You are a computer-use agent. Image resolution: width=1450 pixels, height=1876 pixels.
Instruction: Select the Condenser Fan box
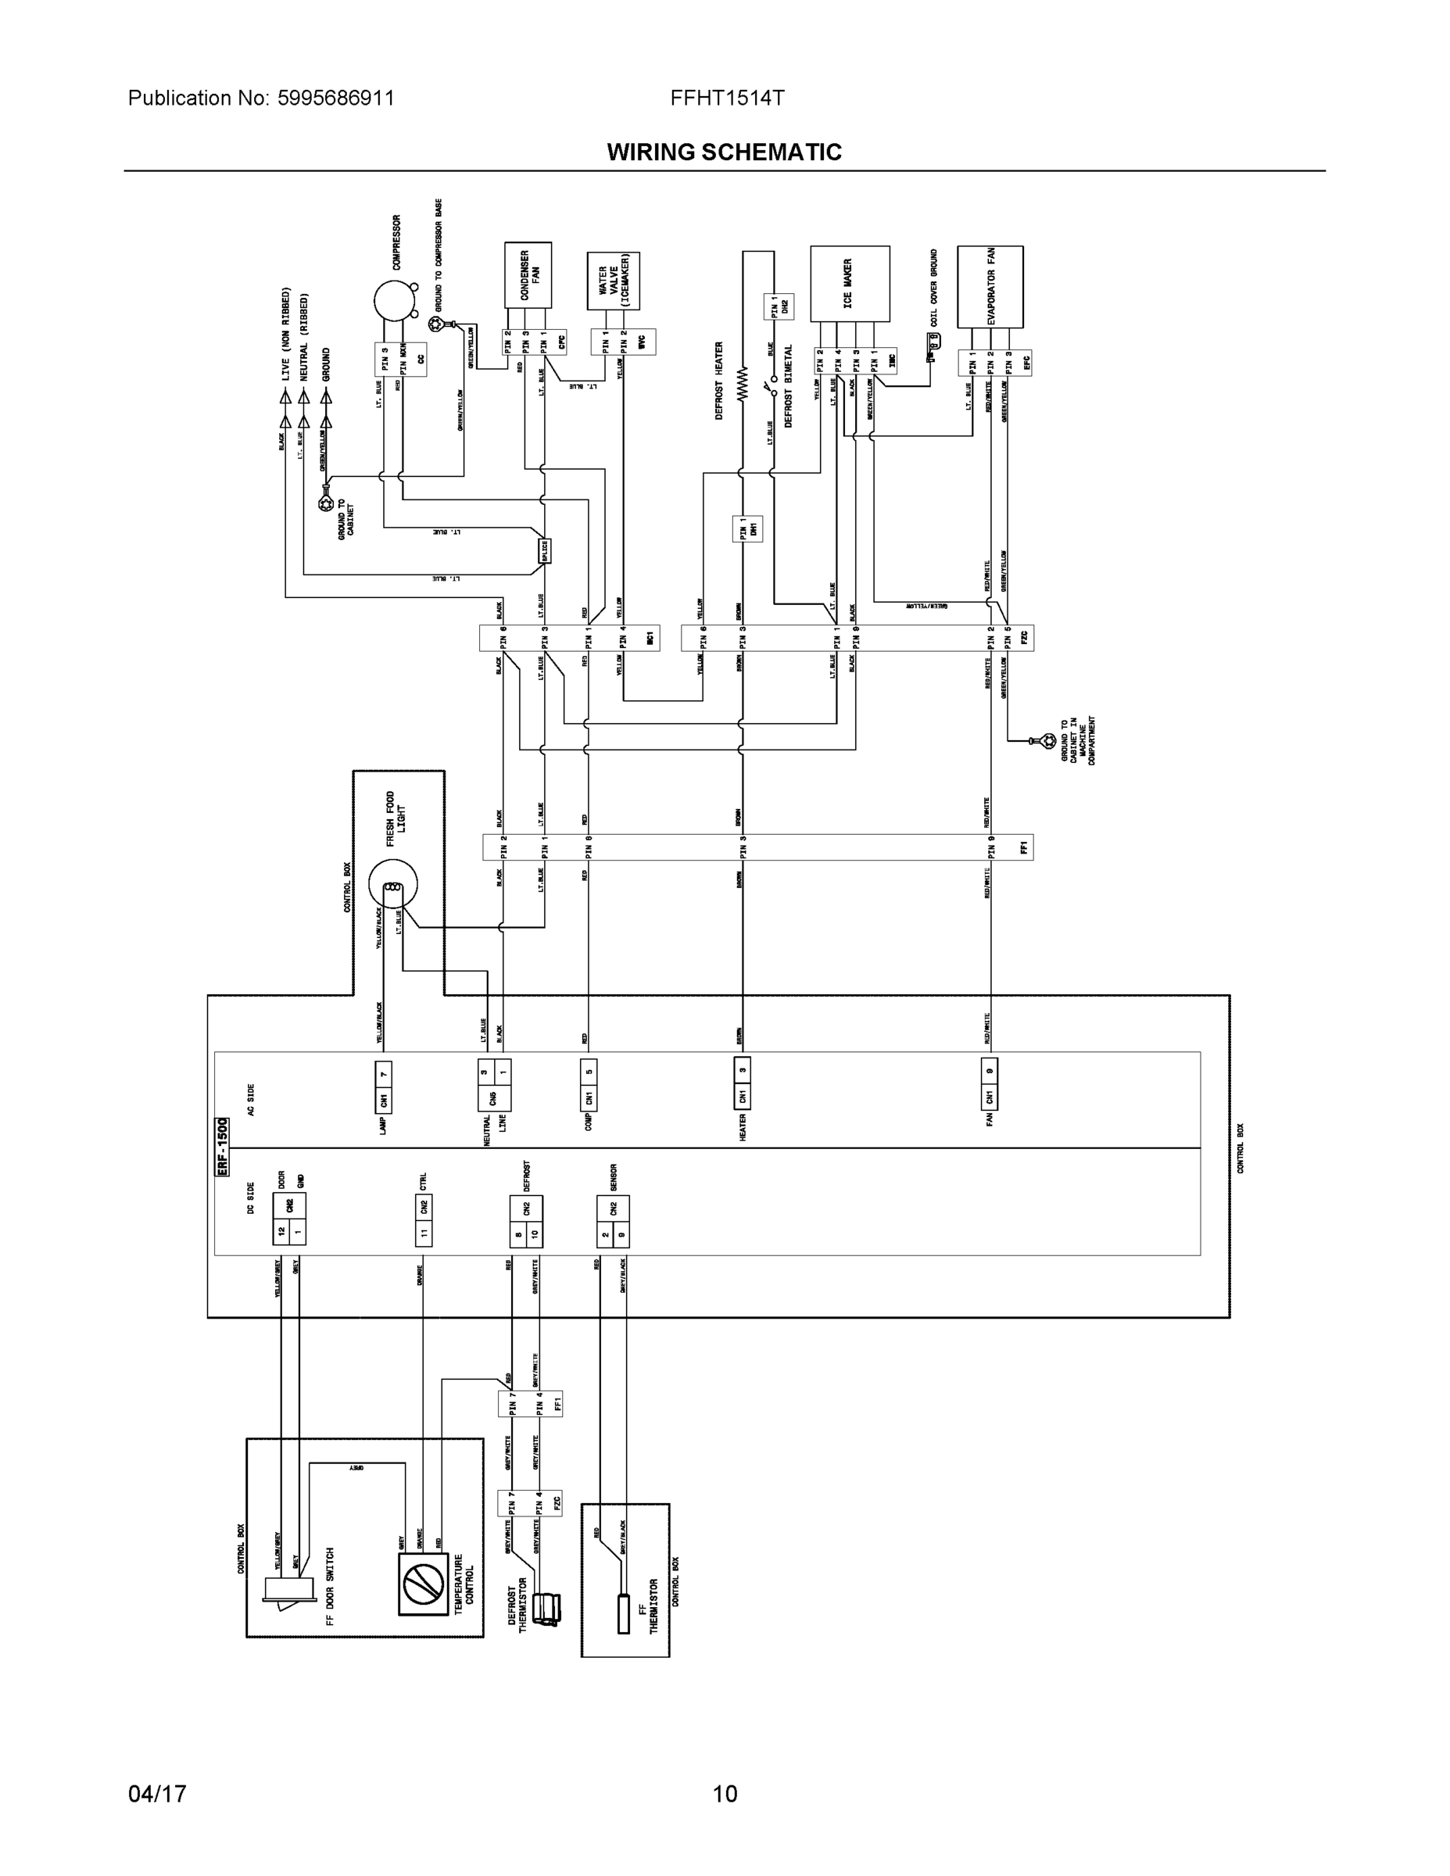tap(528, 275)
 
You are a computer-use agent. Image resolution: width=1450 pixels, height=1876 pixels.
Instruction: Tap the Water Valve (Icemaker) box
tap(614, 281)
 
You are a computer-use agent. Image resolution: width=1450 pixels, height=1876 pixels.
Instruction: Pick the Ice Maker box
tap(850, 285)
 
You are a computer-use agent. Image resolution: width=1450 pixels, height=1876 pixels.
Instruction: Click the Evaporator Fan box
tap(990, 287)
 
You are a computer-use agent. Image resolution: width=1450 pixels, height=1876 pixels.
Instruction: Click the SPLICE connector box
tap(544, 550)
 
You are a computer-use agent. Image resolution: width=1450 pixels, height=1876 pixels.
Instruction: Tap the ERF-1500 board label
tap(222, 1146)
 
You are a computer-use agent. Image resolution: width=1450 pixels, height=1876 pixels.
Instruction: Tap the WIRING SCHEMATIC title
tap(724, 152)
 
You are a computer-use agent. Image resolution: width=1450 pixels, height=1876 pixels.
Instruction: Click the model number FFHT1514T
tap(727, 98)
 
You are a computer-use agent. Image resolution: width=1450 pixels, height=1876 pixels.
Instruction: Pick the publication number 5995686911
tap(335, 98)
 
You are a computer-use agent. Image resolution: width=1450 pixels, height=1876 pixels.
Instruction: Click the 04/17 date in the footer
tap(157, 1794)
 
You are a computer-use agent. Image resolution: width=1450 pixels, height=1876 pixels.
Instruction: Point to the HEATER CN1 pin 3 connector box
tap(742, 1083)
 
